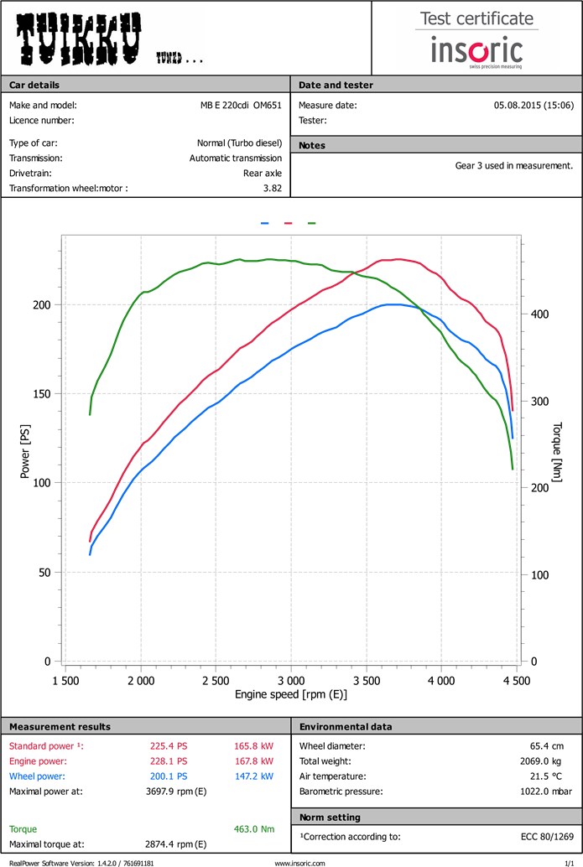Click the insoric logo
coord(476,50)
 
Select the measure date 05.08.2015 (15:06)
coord(534,106)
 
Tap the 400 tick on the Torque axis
coord(539,314)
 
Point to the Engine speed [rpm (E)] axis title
coord(291,694)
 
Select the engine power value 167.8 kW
coord(254,761)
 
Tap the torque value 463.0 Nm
coord(256,829)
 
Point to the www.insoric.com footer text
coord(299,862)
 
